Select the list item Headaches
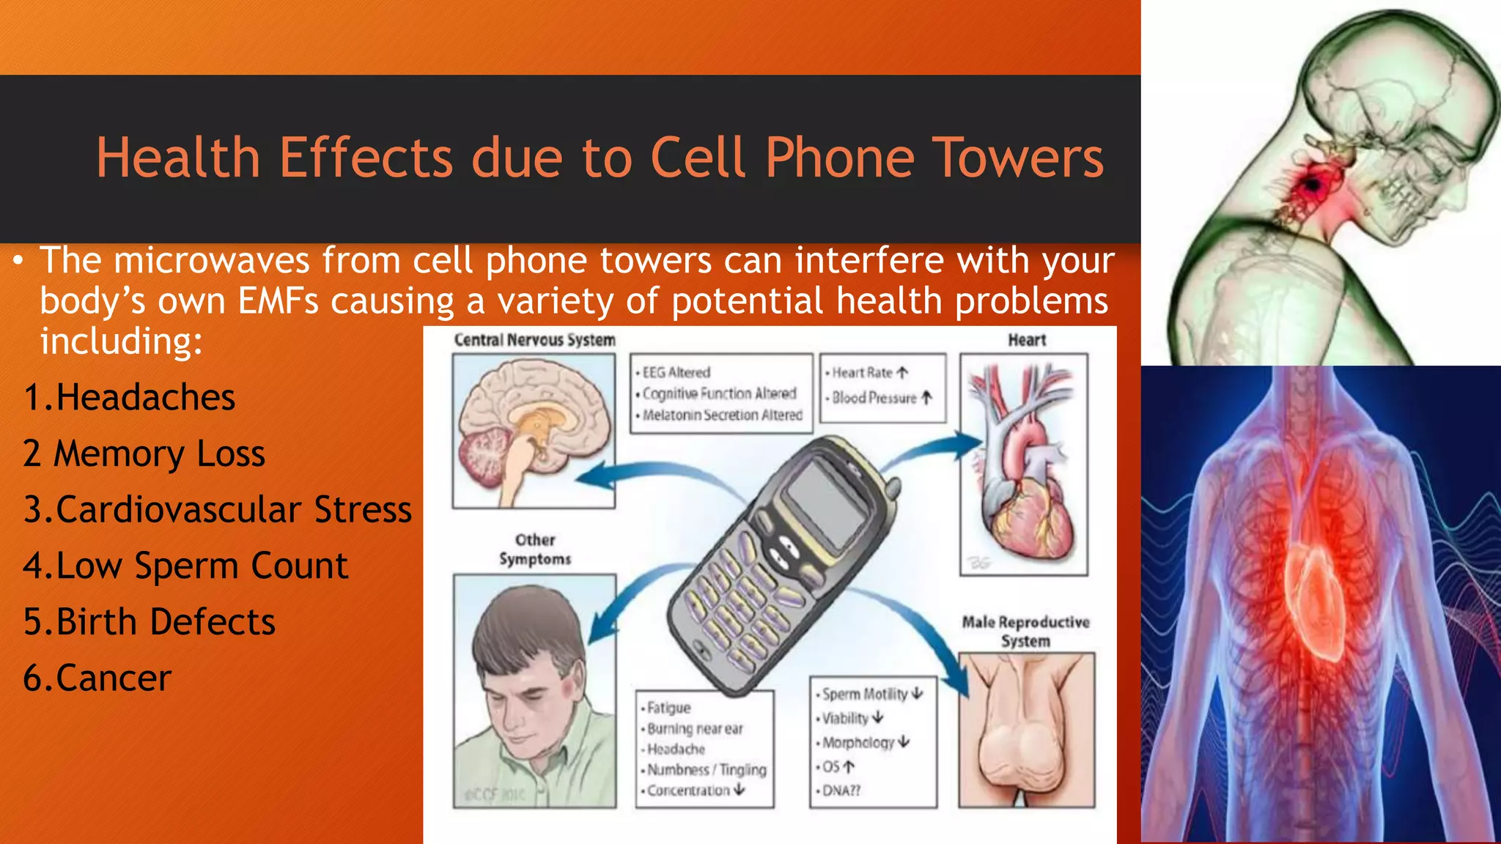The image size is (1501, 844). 130,398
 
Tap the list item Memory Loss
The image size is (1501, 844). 144,454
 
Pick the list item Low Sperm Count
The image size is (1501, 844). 185,566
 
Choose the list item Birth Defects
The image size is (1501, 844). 150,622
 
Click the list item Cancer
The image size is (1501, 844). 97,678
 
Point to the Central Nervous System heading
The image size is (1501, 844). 534,340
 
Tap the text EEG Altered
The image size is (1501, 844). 676,372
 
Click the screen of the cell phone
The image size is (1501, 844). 826,503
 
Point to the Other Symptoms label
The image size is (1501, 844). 535,549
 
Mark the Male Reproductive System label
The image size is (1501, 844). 1025,632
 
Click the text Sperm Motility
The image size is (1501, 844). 865,694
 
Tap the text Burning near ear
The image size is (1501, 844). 694,729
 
